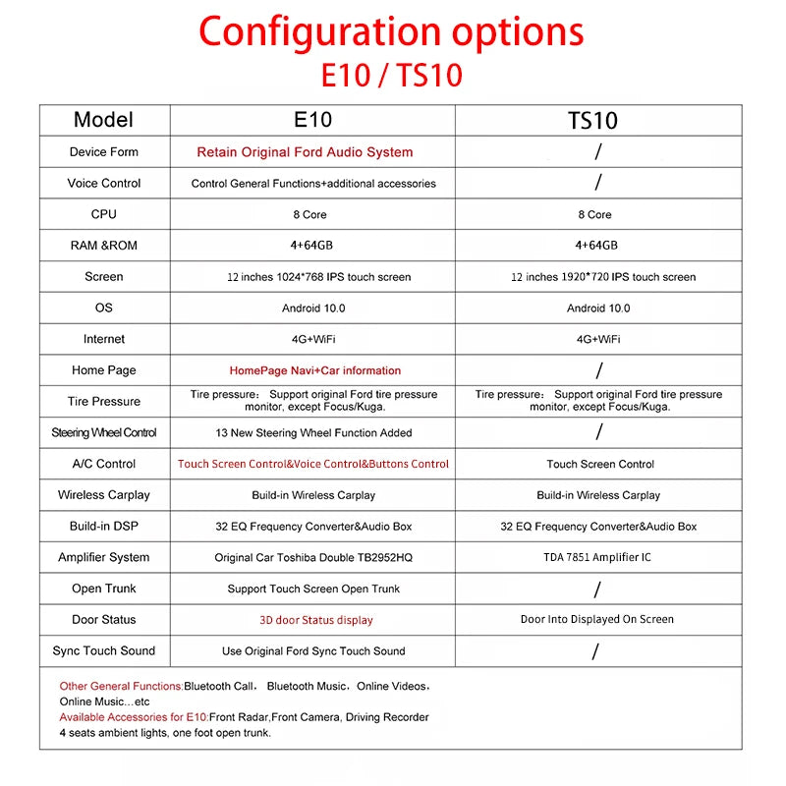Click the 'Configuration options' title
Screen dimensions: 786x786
(x=391, y=31)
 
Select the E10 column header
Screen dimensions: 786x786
(x=313, y=120)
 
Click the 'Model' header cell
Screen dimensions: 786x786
(x=103, y=120)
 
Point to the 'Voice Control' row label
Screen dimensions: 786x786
(x=104, y=183)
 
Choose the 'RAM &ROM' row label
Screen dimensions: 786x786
(x=104, y=246)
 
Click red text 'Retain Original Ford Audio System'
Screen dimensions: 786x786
(x=305, y=152)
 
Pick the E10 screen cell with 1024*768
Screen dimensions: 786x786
(x=312, y=277)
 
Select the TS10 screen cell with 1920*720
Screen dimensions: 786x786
(x=602, y=277)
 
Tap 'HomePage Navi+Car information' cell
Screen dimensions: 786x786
(x=314, y=370)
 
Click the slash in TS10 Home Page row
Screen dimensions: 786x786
(x=598, y=370)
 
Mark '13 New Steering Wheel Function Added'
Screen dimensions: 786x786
(x=313, y=432)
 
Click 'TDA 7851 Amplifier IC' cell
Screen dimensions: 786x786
(x=597, y=557)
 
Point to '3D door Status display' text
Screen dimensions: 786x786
(x=315, y=620)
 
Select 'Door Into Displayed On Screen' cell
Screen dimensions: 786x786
(x=597, y=619)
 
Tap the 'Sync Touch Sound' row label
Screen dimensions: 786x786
(x=104, y=650)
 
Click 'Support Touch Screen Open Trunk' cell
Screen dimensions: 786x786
(x=313, y=589)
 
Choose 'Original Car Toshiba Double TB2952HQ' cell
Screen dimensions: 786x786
(x=313, y=557)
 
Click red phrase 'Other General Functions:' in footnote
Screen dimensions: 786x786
(x=121, y=686)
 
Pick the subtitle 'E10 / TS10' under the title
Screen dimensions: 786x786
(x=391, y=76)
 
